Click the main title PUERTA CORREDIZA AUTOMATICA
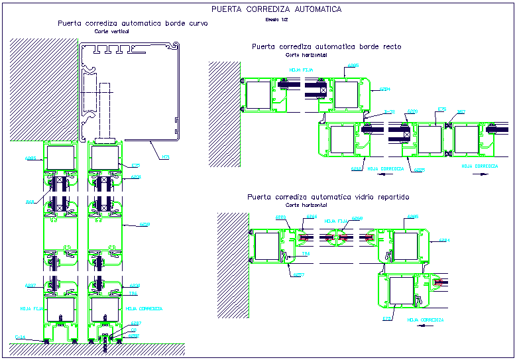[276, 9]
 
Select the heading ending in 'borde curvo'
[133, 23]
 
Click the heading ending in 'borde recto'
[327, 47]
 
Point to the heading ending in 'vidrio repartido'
[328, 197]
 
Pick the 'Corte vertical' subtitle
[111, 31]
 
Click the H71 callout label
[165, 156]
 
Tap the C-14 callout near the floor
[20, 338]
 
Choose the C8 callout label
[133, 330]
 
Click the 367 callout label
[461, 112]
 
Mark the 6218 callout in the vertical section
[144, 225]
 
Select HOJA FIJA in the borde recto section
[296, 68]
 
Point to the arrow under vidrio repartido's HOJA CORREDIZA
[425, 328]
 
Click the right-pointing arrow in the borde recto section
[485, 174]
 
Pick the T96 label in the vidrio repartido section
[306, 253]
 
